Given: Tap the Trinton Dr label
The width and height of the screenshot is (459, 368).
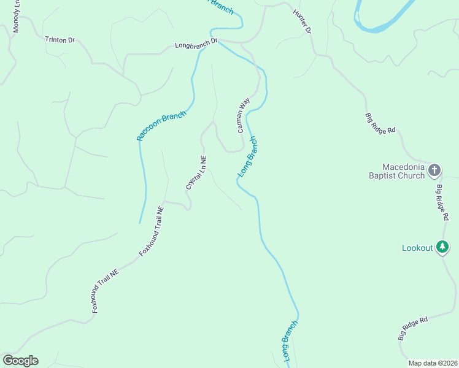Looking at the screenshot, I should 60,40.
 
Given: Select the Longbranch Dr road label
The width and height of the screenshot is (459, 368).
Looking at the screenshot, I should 196,44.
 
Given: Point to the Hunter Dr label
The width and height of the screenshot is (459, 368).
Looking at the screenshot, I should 302,21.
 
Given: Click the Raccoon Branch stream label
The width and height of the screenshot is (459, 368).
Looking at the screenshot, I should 161,126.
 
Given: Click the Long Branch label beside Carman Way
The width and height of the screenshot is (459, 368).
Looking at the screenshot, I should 248,159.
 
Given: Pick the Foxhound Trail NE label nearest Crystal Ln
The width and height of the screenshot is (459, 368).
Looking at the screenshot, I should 152,231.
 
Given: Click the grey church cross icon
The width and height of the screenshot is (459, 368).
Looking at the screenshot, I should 434,170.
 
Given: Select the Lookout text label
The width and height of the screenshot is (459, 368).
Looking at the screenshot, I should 417,248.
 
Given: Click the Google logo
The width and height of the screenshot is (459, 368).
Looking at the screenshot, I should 20,361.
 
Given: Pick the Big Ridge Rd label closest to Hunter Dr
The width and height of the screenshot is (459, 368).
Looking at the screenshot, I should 380,123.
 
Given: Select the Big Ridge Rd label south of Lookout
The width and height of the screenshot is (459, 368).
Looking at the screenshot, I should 412,329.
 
